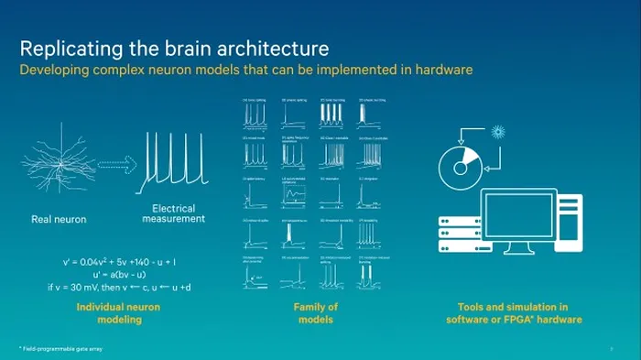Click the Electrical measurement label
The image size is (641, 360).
click(173, 213)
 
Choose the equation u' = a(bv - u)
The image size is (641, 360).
click(126, 275)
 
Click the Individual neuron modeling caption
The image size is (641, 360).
click(117, 313)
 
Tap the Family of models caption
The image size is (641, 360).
click(315, 313)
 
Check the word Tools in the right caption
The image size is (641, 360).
click(470, 307)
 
